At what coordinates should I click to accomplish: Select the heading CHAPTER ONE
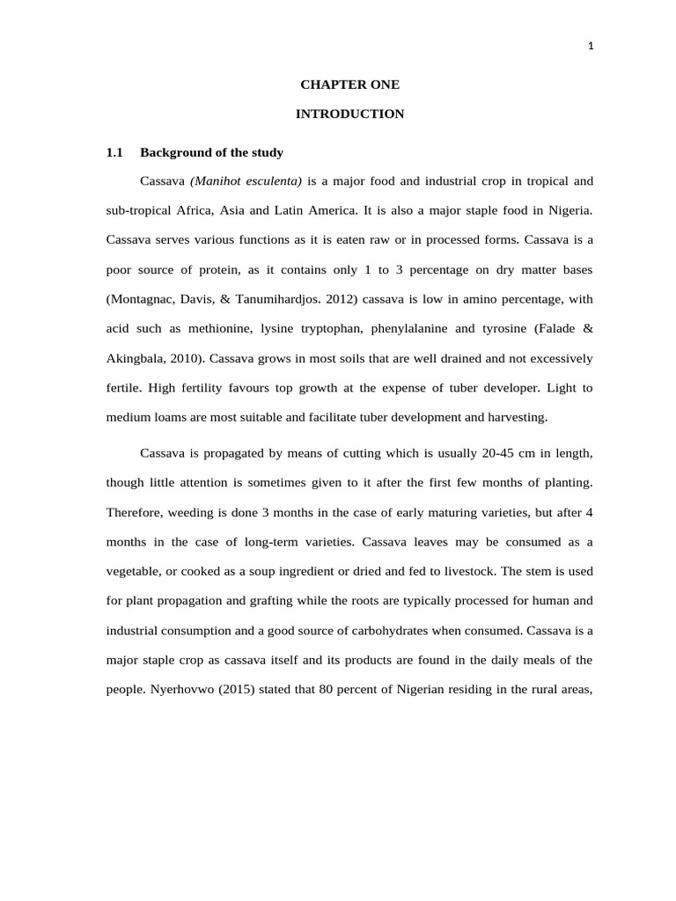349,84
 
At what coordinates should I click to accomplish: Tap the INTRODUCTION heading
349,114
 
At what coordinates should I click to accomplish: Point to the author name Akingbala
137,358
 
